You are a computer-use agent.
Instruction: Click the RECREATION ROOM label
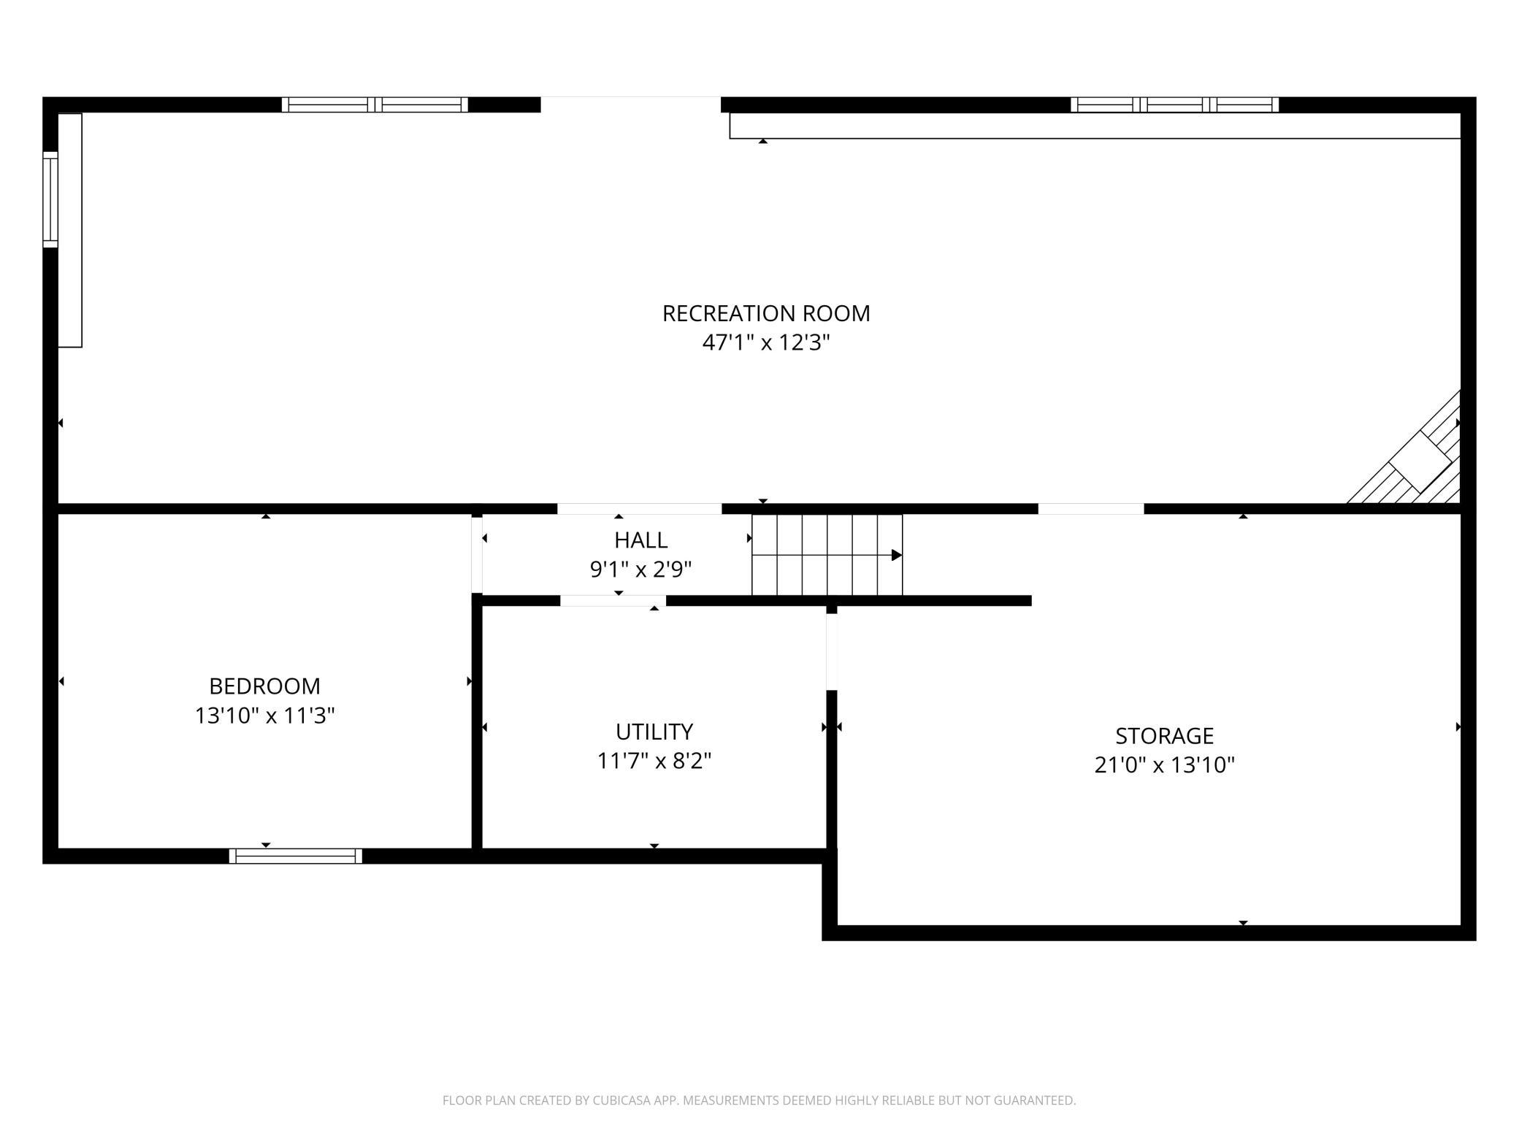point(766,313)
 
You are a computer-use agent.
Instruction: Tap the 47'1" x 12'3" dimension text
point(766,342)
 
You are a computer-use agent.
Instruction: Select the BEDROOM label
point(264,686)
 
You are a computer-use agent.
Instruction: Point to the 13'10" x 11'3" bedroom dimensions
point(264,716)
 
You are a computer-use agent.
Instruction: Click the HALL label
point(640,540)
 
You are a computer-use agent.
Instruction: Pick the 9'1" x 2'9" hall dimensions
point(640,569)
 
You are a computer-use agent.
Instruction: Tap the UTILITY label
point(654,732)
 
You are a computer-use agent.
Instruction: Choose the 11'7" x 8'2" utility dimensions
point(654,761)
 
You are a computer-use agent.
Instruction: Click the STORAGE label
point(1164,735)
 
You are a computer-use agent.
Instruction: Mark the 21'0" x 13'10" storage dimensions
point(1164,764)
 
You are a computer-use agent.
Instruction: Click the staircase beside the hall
point(827,555)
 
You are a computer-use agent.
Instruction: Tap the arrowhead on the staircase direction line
point(897,556)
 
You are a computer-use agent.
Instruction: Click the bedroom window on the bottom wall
point(296,856)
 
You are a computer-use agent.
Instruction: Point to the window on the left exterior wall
point(50,199)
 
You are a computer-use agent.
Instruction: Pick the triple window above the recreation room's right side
point(1174,104)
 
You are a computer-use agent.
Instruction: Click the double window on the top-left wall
point(375,104)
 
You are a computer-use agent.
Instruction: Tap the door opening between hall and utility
point(613,601)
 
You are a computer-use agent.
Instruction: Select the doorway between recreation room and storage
point(1091,509)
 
